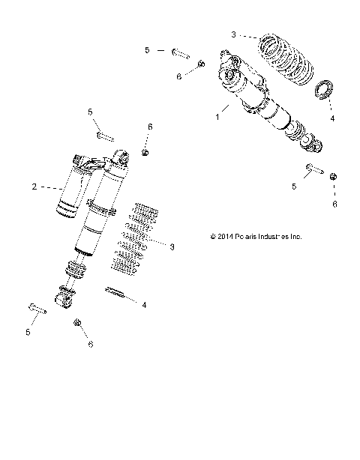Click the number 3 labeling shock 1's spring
click(x=233, y=34)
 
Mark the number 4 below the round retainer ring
click(x=333, y=118)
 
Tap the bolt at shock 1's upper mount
click(x=181, y=53)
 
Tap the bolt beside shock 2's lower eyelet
click(x=37, y=308)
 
